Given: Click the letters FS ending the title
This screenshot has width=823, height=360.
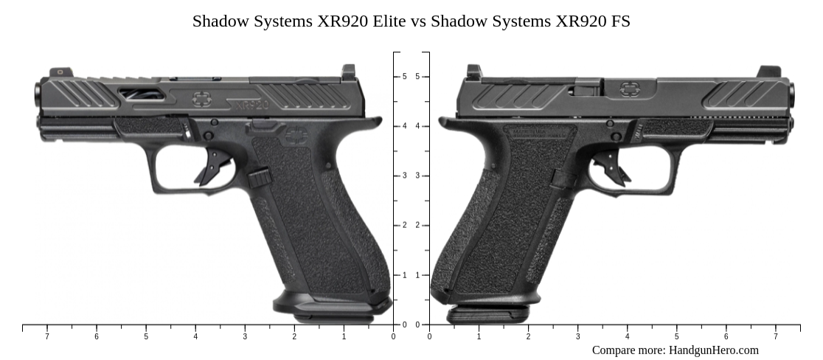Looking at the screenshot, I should (x=620, y=21).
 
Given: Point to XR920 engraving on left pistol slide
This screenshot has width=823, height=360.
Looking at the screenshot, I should (x=249, y=105).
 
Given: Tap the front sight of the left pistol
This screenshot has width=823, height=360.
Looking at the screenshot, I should (x=57, y=72).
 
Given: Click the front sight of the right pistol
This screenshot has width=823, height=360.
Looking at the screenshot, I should (x=768, y=72).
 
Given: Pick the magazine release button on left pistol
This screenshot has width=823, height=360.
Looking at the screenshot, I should (x=259, y=177).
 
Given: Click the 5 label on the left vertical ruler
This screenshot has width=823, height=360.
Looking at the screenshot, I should (x=404, y=77).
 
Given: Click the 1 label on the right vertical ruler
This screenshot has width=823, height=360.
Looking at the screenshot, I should (x=417, y=275).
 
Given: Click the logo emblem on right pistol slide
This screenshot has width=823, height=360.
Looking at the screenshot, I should (x=629, y=89).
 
